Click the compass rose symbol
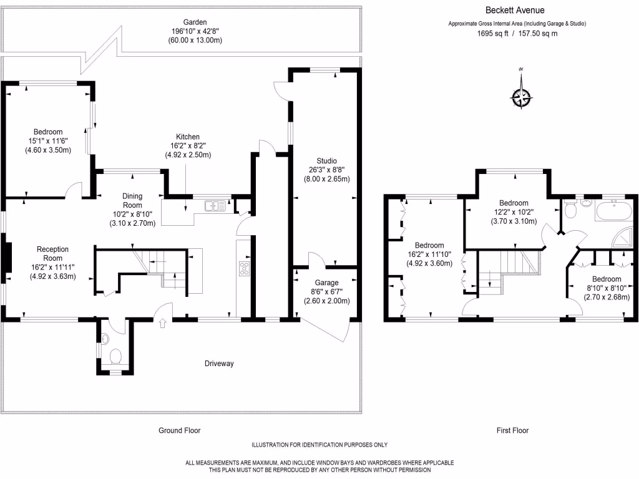(521, 97)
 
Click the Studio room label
(326, 161)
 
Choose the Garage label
(326, 283)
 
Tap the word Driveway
(219, 364)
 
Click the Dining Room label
(132, 200)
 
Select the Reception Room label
(52, 253)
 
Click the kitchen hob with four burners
(244, 268)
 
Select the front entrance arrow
(163, 323)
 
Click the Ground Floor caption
(179, 430)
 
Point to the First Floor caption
(512, 430)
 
